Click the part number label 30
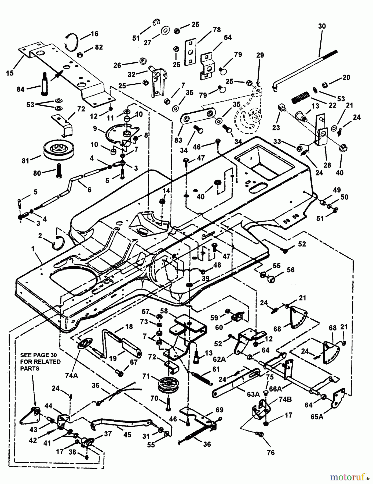[322, 26]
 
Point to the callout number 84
[20, 89]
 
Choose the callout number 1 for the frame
[33, 249]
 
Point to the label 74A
[71, 376]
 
